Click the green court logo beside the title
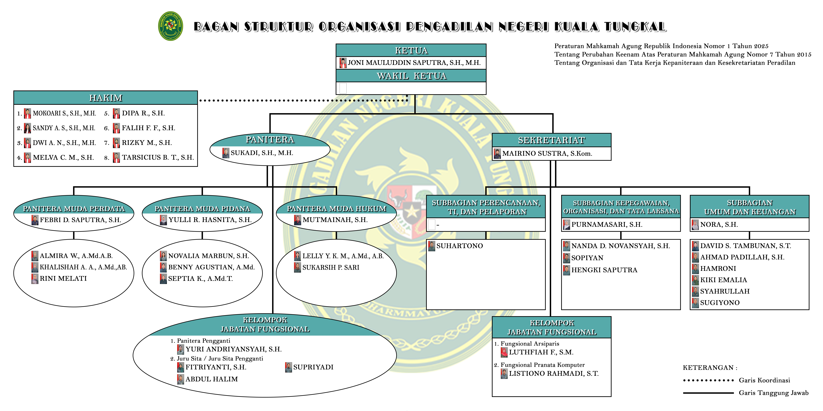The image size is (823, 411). (x=171, y=26)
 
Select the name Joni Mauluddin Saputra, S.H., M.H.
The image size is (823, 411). (x=414, y=63)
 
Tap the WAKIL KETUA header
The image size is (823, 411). (x=411, y=76)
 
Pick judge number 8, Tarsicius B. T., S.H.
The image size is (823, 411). (x=158, y=157)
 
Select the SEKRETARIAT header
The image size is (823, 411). (x=551, y=140)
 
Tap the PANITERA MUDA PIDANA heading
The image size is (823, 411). (x=202, y=209)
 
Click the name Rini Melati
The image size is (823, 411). (x=63, y=279)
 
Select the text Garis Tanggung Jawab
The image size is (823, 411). (x=773, y=393)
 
